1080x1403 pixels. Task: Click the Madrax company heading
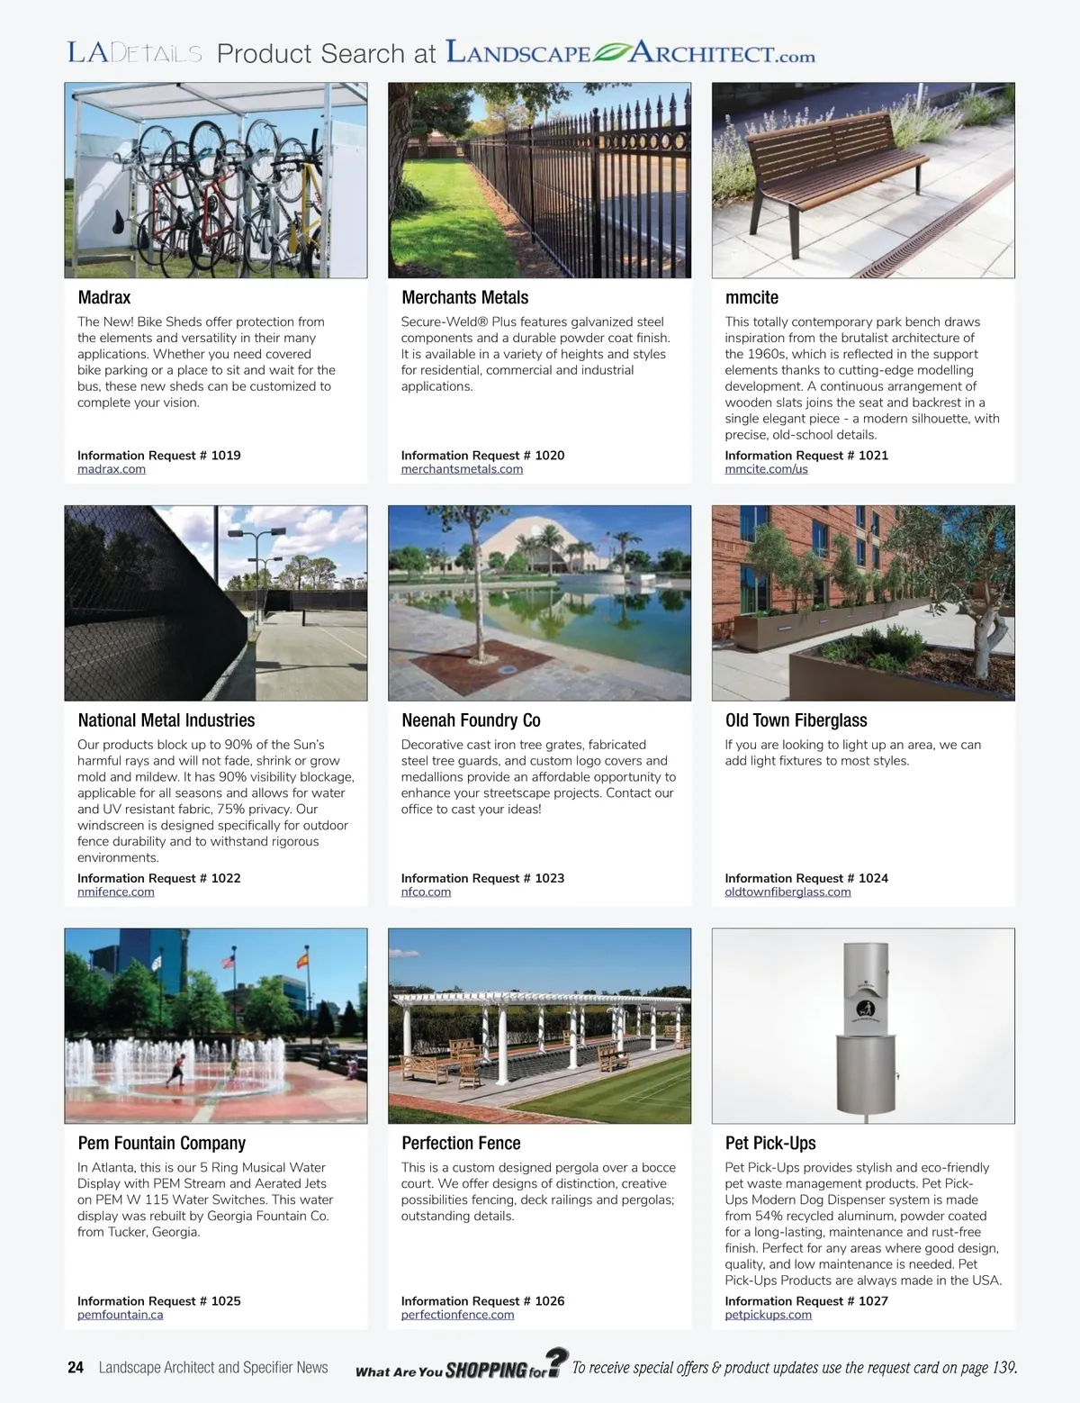click(104, 297)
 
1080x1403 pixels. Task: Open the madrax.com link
click(112, 469)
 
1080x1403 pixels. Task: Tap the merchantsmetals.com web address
click(462, 469)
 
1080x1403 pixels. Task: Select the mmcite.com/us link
click(766, 469)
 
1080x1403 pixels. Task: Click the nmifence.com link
click(116, 892)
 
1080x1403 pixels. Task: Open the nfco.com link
click(426, 892)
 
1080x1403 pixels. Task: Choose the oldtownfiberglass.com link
click(787, 892)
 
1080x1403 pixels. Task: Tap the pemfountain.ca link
click(120, 1315)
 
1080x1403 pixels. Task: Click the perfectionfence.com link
click(457, 1315)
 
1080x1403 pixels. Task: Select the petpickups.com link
click(768, 1315)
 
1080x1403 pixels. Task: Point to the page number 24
click(76, 1367)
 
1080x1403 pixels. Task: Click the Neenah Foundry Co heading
click(471, 720)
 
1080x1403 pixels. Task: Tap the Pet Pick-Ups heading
click(770, 1143)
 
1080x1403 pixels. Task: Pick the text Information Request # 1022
click(159, 878)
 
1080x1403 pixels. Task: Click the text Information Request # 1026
click(482, 1301)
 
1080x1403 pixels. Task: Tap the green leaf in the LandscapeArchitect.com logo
click(610, 52)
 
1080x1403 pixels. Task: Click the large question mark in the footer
click(557, 1361)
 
